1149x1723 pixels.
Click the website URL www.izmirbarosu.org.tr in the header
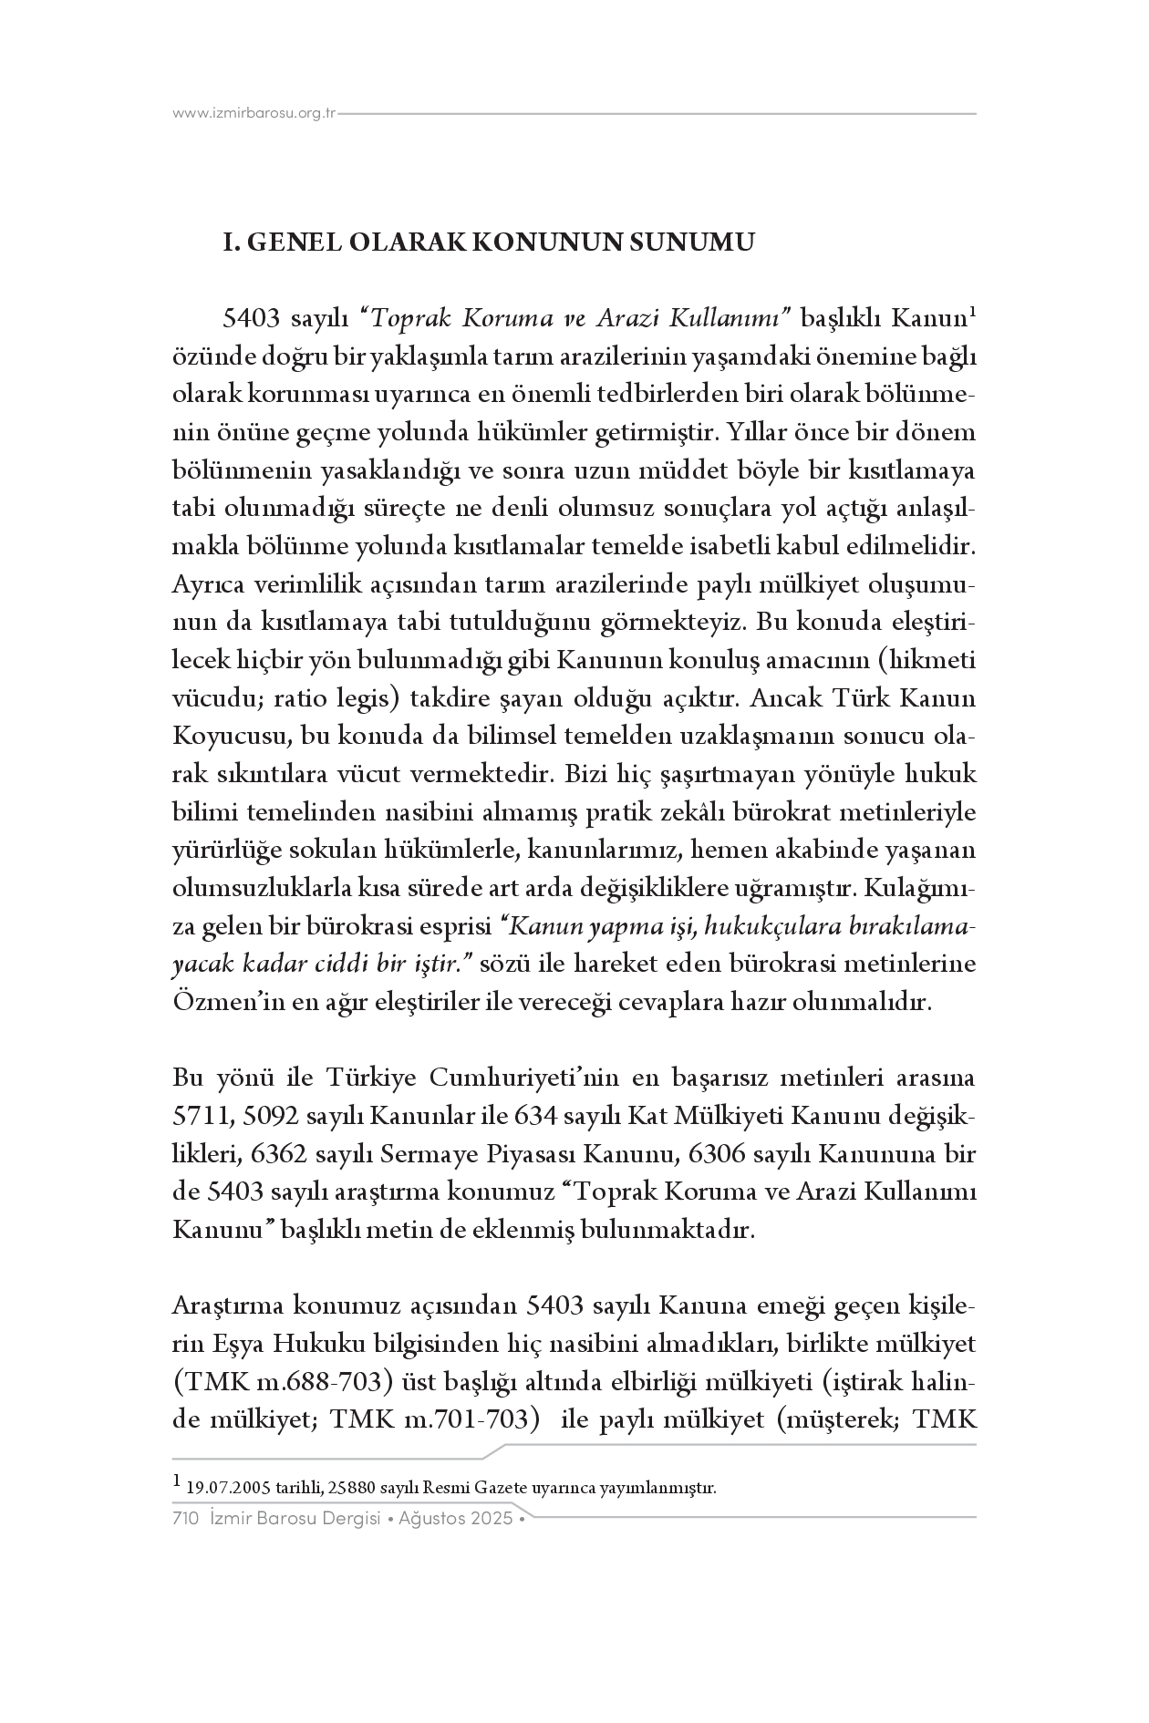[254, 114]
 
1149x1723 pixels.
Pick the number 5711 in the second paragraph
[202, 1117]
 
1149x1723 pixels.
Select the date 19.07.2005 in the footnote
[222, 1489]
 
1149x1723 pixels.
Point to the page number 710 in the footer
[185, 1519]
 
